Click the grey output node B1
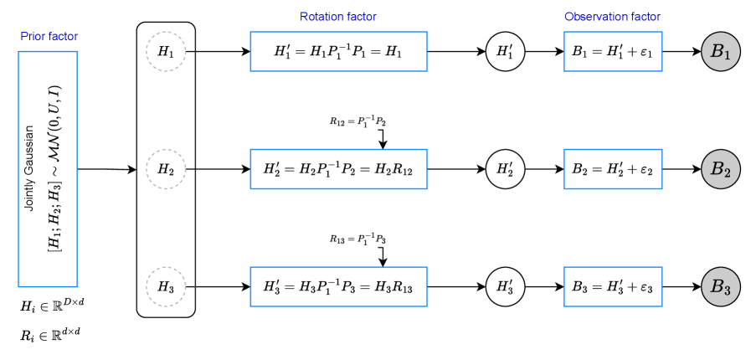[721, 51]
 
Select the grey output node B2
[721, 168]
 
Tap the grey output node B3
[721, 286]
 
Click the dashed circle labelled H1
[166, 51]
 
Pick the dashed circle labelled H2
[166, 169]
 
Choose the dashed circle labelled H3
[166, 286]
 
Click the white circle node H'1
[505, 51]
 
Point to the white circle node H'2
[505, 169]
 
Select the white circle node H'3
[505, 286]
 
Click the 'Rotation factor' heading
[338, 17]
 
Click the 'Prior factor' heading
[48, 37]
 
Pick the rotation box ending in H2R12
[338, 169]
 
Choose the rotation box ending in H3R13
[338, 286]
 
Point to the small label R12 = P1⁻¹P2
[357, 121]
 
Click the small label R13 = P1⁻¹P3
[357, 239]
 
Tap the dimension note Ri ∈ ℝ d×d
[51, 335]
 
